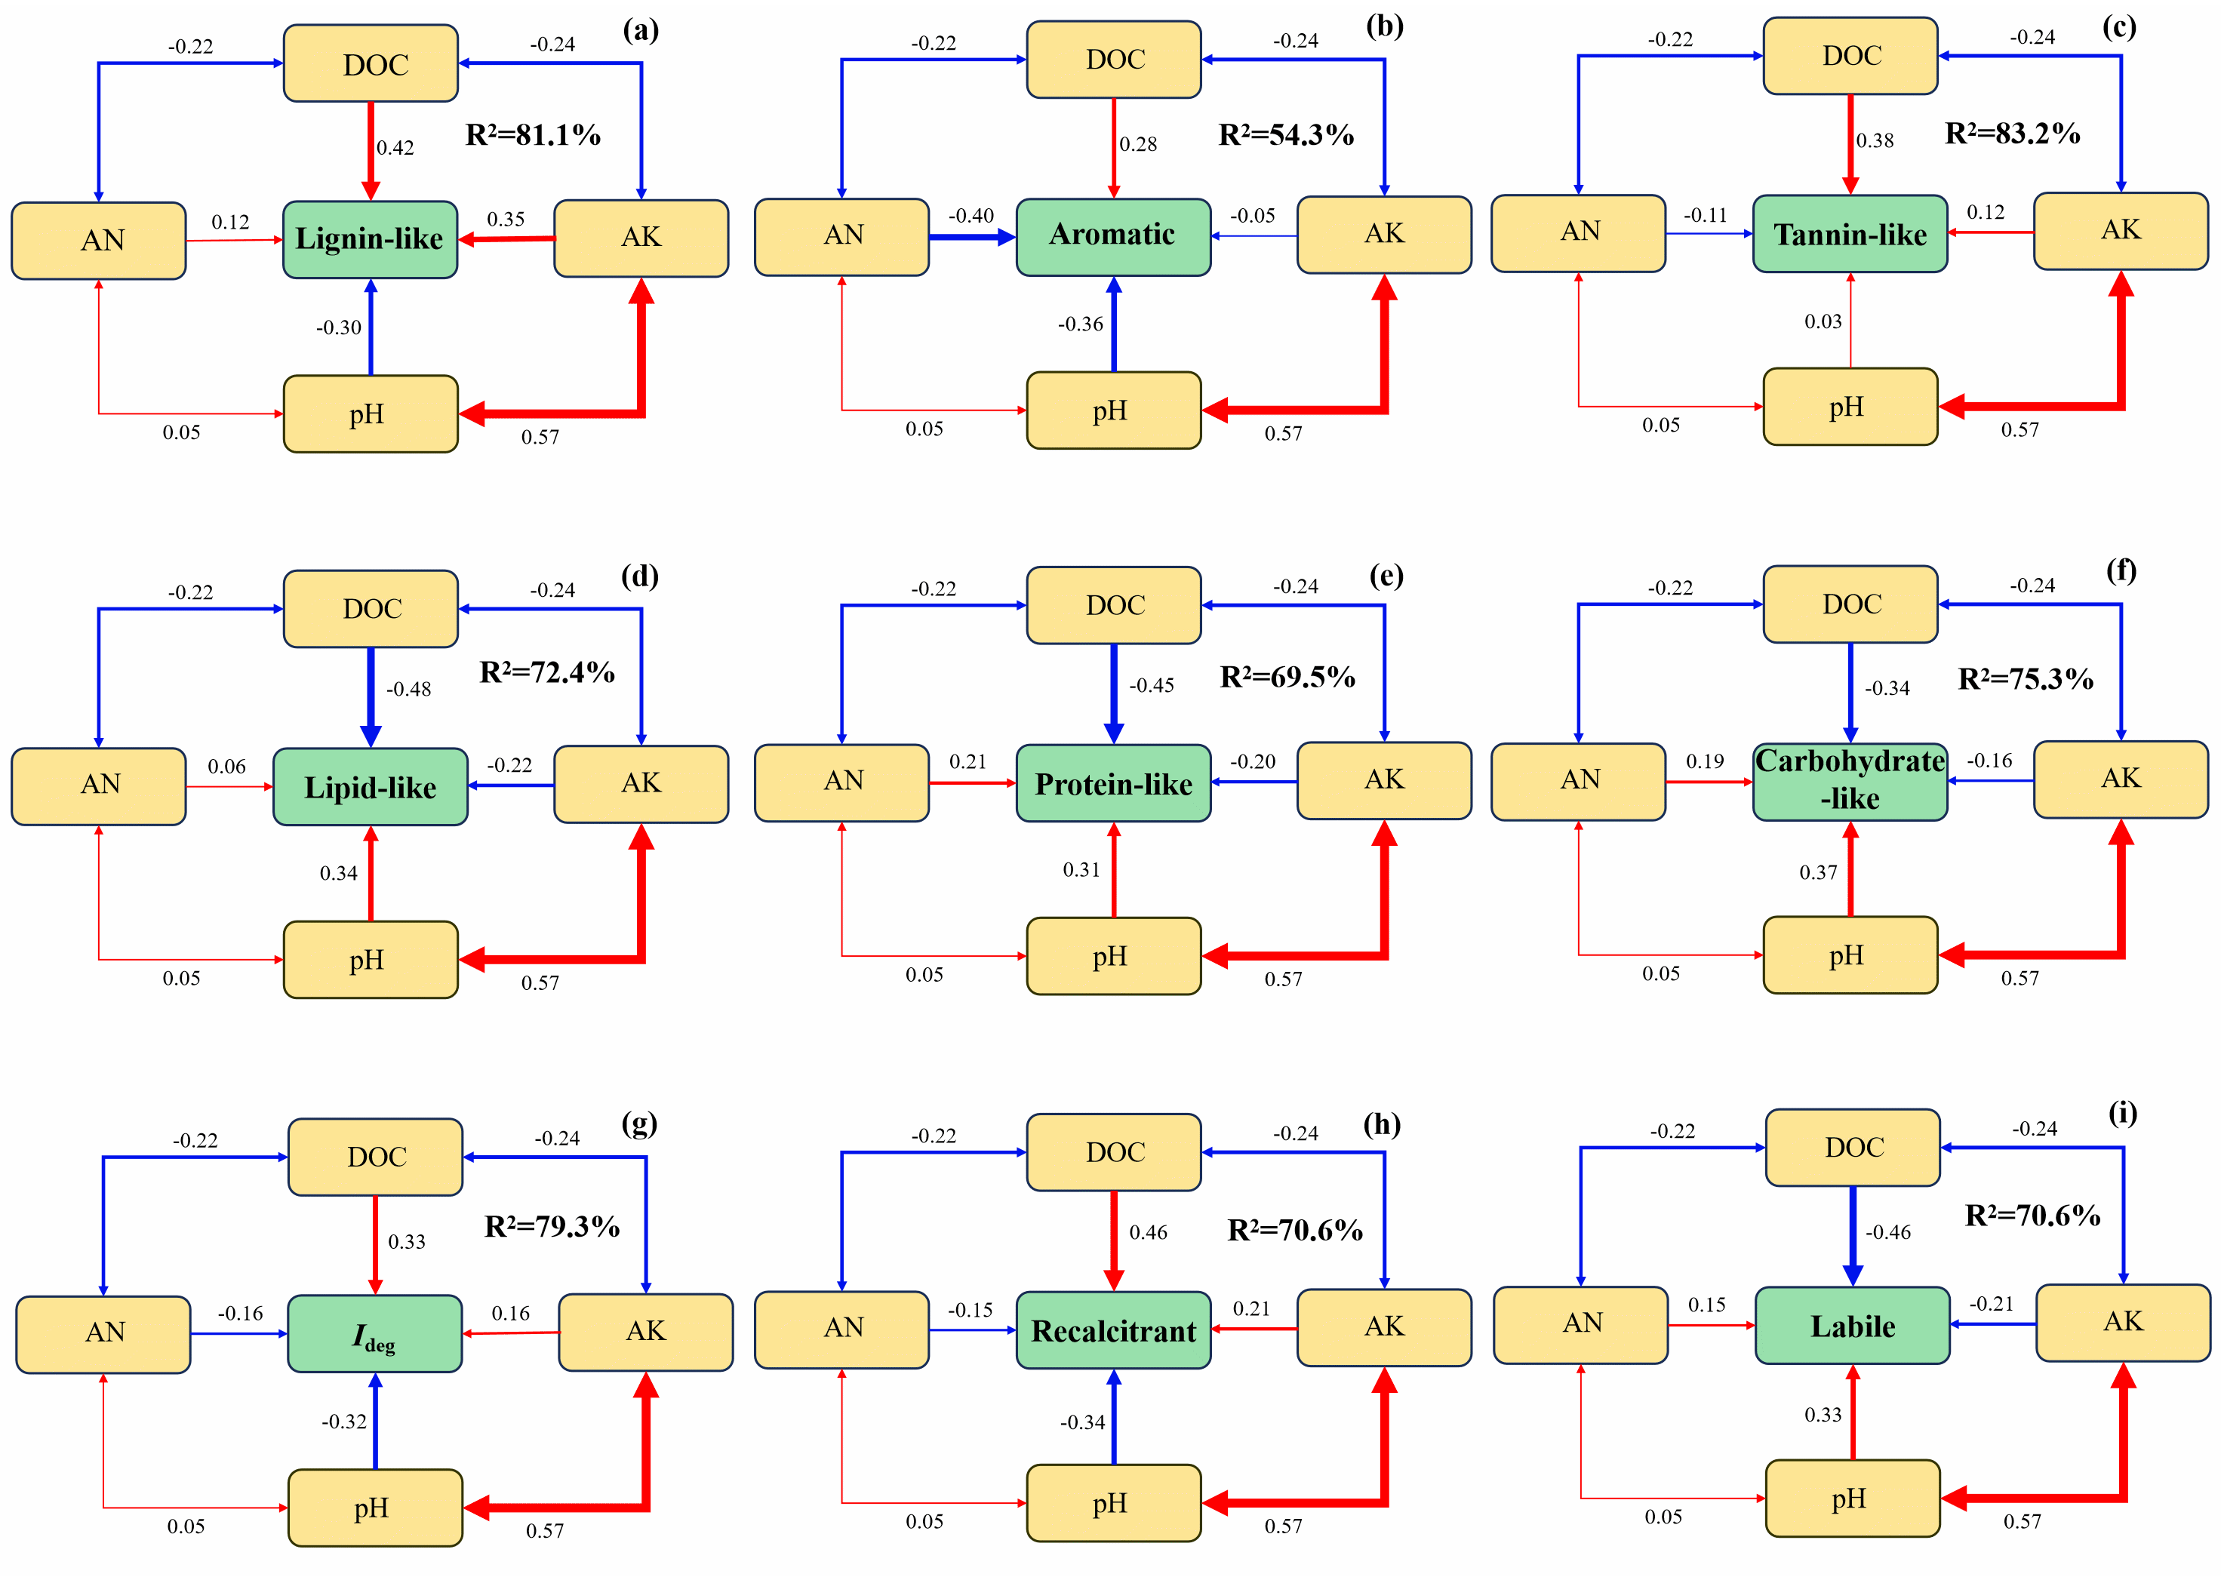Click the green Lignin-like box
[370, 239]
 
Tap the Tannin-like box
[1849, 234]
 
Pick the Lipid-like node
[370, 786]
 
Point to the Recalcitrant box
[1113, 1330]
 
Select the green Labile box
[1852, 1326]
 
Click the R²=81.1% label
[533, 135]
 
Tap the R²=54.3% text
[1286, 135]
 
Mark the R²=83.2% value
[2012, 133]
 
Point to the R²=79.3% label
[552, 1226]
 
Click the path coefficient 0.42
[395, 148]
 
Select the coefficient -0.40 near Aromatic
[971, 216]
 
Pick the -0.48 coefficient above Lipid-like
[409, 690]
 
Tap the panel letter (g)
[639, 1124]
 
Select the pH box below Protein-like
[1113, 957]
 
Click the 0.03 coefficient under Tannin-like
[1823, 321]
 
